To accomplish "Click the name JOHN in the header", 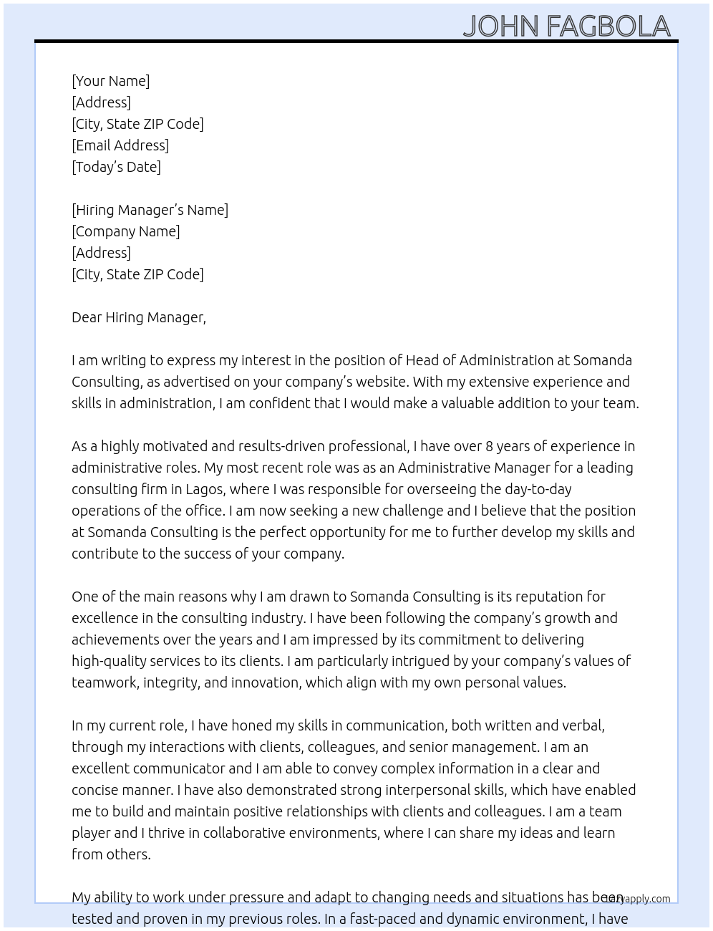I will pyautogui.click(x=500, y=26).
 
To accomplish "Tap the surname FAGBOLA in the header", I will pyautogui.click(x=608, y=26).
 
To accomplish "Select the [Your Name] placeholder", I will pyautogui.click(x=110, y=81).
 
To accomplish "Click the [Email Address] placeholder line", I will pyautogui.click(x=120, y=145).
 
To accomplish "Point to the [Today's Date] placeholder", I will pyautogui.click(x=116, y=167).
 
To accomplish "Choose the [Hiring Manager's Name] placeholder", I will pyautogui.click(x=150, y=210).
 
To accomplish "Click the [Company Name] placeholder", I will pyautogui.click(x=125, y=231).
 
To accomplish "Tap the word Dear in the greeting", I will pyautogui.click(x=87, y=317).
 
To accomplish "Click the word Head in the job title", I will pyautogui.click(x=422, y=360).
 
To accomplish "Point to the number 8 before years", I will pyautogui.click(x=490, y=446).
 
